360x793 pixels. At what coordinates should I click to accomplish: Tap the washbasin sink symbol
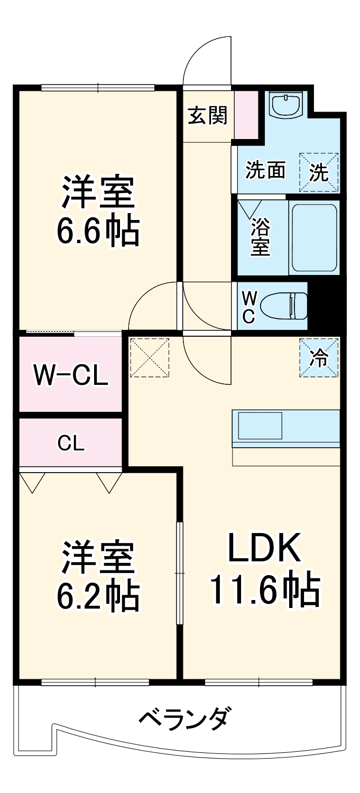pos(285,105)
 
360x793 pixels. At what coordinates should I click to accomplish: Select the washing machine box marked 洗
pos(319,172)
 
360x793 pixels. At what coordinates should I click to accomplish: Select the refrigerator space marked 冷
pos(319,358)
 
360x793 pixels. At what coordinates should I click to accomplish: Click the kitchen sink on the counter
pos(260,426)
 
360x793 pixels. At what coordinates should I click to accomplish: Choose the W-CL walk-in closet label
pos(71,375)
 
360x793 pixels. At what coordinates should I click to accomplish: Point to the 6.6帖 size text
pos(98,232)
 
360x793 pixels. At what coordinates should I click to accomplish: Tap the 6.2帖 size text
pos(98,595)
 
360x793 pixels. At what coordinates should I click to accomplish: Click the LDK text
pos(264,549)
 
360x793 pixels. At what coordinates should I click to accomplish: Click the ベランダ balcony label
pos(184,718)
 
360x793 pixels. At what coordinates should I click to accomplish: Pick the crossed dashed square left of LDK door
pos(150,358)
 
